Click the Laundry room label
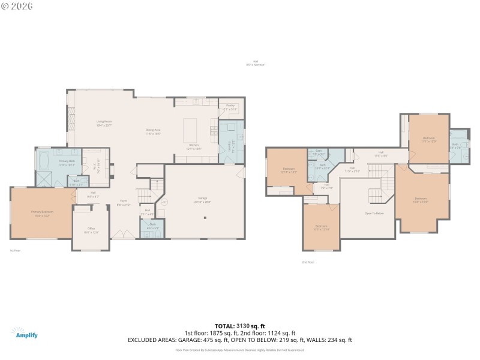click(229, 145)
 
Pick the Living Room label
click(104, 123)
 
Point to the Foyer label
click(123, 203)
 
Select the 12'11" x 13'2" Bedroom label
click(289, 170)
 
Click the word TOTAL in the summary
click(226, 326)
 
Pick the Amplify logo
click(25, 333)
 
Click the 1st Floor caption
click(15, 250)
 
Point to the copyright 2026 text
click(17, 6)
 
